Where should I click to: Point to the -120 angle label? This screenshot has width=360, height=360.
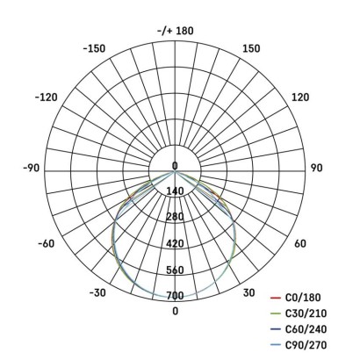[x=47, y=97]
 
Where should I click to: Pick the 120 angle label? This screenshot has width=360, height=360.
[x=300, y=97]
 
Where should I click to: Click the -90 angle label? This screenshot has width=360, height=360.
[x=30, y=167]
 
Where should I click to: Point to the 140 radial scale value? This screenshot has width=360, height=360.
[x=175, y=191]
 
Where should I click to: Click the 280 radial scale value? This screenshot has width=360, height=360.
[x=175, y=217]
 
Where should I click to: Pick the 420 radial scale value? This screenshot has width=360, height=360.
[x=175, y=243]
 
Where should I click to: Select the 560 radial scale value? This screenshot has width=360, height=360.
[x=175, y=270]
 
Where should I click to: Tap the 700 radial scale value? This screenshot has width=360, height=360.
[x=175, y=295]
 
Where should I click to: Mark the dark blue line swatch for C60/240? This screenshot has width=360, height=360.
[x=274, y=328]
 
